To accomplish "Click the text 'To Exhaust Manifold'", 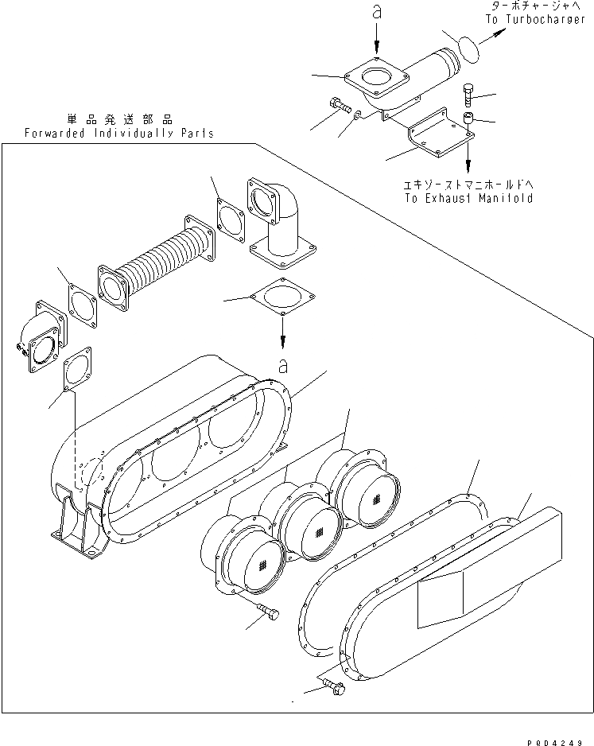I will pos(468,198).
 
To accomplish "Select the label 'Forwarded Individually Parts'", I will pos(118,133).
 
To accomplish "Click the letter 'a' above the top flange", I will pos(377,13).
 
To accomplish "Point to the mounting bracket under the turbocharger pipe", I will pos(437,134).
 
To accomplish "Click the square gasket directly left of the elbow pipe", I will pos(231,218).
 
